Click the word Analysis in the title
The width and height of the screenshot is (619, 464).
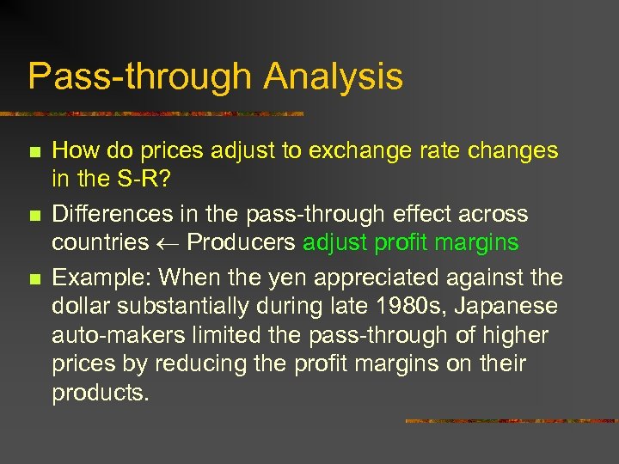[333, 76]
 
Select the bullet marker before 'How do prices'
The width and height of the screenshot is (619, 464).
[34, 152]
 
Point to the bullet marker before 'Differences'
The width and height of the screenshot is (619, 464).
[34, 214]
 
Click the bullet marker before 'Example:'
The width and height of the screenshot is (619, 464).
[34, 278]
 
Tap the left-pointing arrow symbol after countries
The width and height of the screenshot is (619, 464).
[168, 243]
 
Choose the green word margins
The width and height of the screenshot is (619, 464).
[475, 243]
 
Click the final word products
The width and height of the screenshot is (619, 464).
[100, 394]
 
